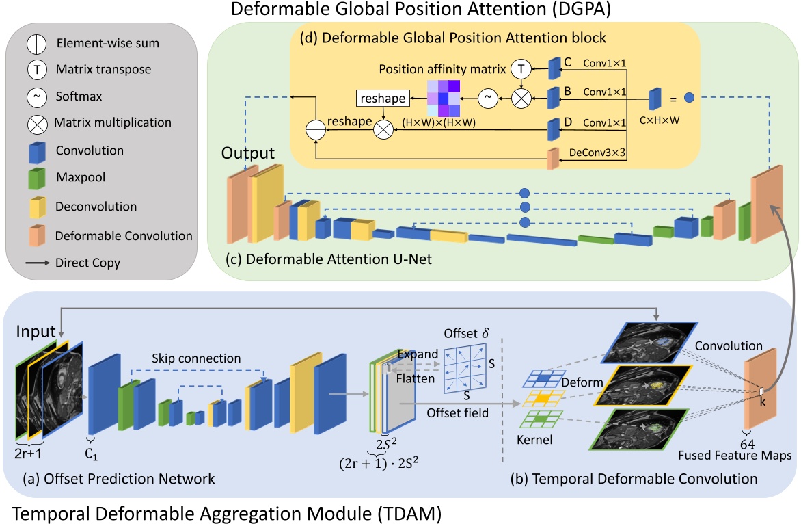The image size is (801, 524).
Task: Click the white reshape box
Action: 381,99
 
